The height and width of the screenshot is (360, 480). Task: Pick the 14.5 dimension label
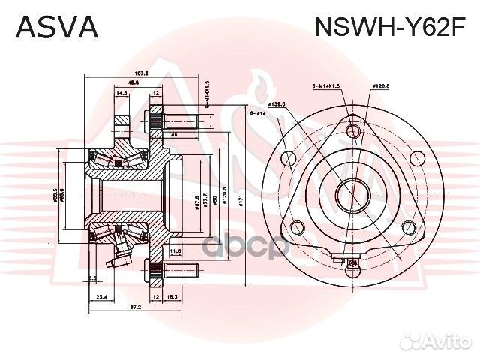coord(121,93)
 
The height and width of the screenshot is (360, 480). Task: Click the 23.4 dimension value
coord(102,297)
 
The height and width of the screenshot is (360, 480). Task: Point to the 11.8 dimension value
coord(175,250)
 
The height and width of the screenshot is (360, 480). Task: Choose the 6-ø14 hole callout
coord(257,113)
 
